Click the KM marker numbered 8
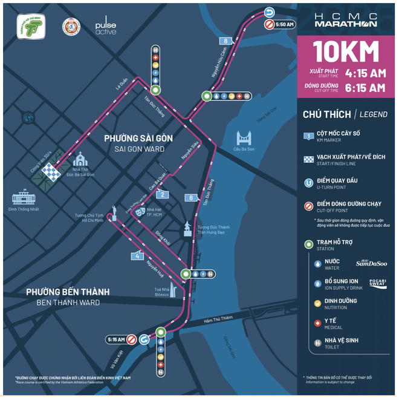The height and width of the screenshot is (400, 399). click(225, 41)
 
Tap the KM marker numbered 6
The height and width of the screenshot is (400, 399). click(191, 197)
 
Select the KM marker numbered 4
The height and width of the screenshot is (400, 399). click(138, 256)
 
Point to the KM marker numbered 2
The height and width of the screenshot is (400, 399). click(161, 194)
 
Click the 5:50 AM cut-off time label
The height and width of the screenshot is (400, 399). click(284, 25)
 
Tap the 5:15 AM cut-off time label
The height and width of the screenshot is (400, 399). click(115, 339)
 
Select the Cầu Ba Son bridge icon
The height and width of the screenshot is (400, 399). click(244, 137)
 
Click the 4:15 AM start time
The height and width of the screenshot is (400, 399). click(365, 73)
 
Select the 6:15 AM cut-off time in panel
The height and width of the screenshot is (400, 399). click(365, 88)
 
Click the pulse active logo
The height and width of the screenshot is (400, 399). click(105, 27)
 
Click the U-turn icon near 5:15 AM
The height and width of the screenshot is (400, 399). click(144, 340)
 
